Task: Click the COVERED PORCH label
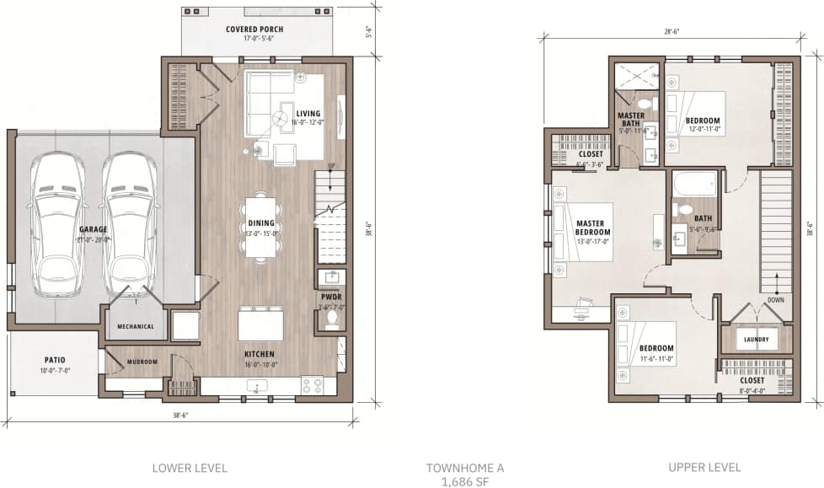(x=254, y=29)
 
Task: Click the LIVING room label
(x=308, y=113)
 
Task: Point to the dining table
(x=260, y=226)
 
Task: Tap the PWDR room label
(x=330, y=297)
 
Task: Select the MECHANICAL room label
(x=135, y=326)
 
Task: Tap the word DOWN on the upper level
(x=776, y=300)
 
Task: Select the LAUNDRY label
(x=757, y=340)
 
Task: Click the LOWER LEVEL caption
(x=190, y=467)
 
